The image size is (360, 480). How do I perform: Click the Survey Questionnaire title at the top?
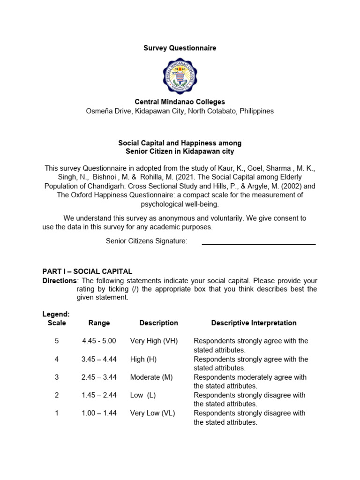click(x=180, y=48)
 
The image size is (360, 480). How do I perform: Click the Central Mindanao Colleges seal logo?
click(x=180, y=75)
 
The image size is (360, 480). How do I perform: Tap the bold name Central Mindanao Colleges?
click(x=180, y=102)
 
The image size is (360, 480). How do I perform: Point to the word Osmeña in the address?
click(x=99, y=111)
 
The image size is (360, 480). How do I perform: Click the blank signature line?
click(x=258, y=243)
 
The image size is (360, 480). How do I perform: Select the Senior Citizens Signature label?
click(x=146, y=241)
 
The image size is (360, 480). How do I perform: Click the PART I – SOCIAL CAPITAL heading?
click(x=87, y=271)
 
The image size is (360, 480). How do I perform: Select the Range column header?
click(x=99, y=323)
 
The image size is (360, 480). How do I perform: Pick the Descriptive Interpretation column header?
click(x=254, y=323)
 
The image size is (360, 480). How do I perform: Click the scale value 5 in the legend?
click(x=57, y=341)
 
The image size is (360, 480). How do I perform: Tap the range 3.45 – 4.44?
click(x=99, y=359)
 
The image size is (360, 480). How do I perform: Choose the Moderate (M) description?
click(x=151, y=377)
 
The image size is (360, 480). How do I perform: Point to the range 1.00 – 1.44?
click(x=99, y=413)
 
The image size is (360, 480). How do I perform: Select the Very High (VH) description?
click(x=154, y=341)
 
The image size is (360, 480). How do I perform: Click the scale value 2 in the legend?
click(x=57, y=395)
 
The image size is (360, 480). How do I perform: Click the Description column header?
click(x=158, y=323)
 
